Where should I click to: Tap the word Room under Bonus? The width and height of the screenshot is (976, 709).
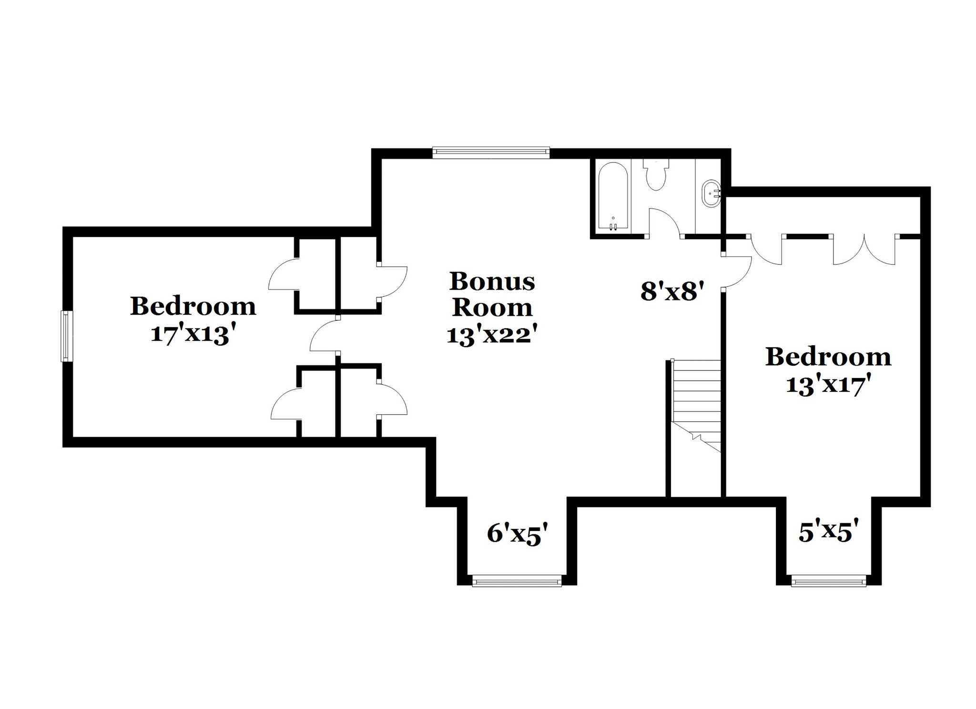[492, 308]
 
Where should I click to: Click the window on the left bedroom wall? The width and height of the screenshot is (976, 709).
[67, 336]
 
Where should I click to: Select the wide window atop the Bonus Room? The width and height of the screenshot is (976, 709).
[491, 153]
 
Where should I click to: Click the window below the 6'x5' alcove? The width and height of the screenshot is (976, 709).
[517, 581]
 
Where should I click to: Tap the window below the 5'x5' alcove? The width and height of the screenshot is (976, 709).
[829, 581]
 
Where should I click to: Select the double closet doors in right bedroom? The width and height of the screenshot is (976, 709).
[864, 250]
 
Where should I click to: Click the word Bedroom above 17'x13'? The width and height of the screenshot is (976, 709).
[193, 306]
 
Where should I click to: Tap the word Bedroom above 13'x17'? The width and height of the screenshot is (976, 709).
[828, 357]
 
